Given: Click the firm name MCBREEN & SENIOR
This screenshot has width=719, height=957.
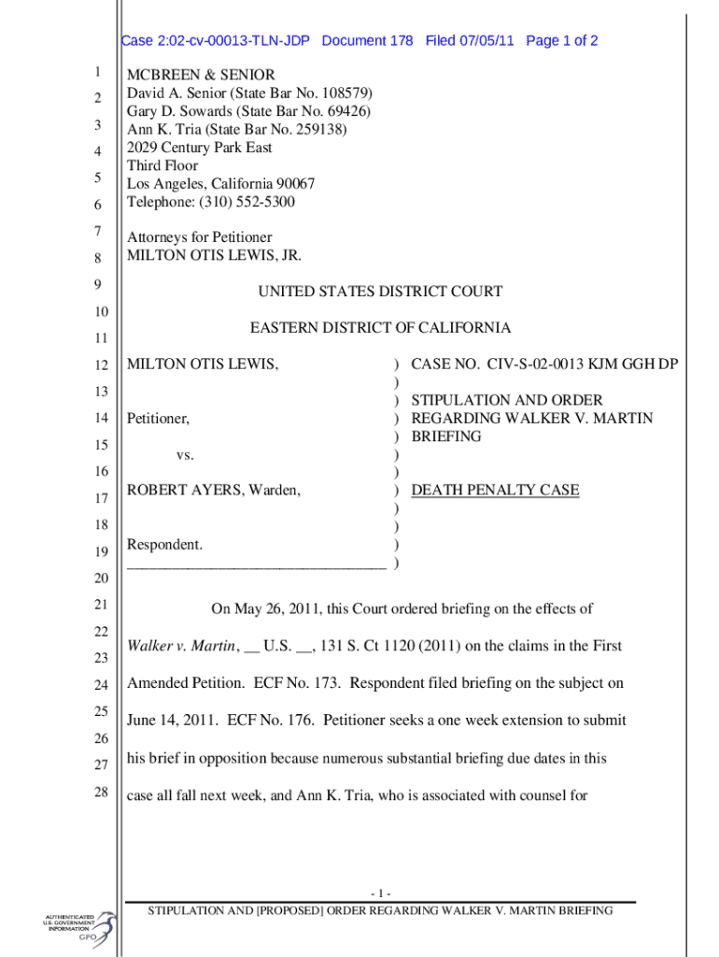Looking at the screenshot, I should pos(201,75).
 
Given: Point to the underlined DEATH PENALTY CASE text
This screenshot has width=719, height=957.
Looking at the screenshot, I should pos(495,490).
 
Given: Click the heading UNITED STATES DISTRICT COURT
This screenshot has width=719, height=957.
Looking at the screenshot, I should pos(380,292).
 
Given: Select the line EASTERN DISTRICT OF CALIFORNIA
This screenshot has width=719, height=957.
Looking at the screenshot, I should pos(380,328).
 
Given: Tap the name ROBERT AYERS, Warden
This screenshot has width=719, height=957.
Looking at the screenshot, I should pos(214,490).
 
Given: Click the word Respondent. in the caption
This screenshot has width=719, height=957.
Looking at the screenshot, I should pos(164,544).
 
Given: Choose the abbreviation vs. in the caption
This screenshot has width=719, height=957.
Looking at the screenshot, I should pos(185,454).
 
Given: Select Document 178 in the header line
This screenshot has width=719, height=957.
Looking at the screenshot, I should pos(367,41).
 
